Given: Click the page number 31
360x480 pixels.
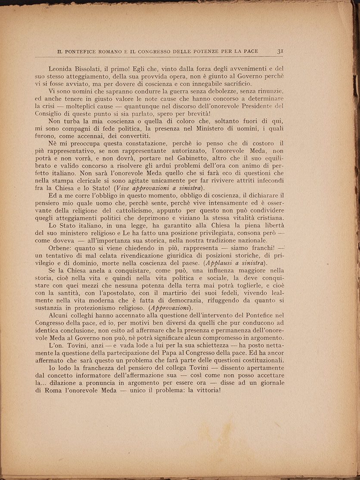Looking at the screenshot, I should pos(280,51).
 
